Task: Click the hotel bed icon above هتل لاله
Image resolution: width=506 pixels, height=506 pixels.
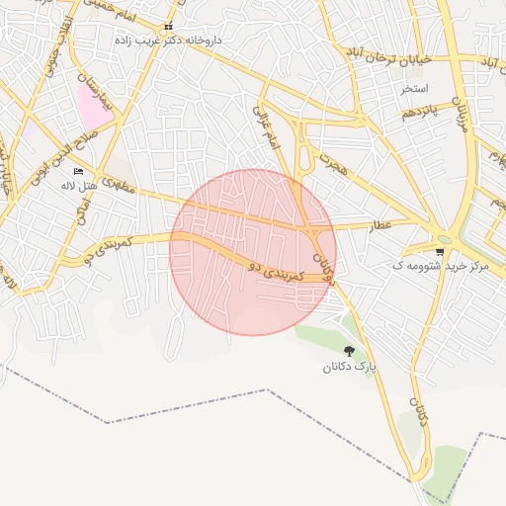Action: coord(78,173)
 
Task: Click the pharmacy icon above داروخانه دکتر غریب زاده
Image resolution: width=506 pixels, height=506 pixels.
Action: coord(168,27)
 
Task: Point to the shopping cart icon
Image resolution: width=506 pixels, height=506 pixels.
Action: coord(439,252)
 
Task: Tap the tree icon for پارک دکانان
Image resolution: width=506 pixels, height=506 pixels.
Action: coord(349,351)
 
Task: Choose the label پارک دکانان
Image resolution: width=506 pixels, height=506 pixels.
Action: coord(349,367)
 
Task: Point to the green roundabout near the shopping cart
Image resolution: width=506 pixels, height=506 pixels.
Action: coord(444,238)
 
